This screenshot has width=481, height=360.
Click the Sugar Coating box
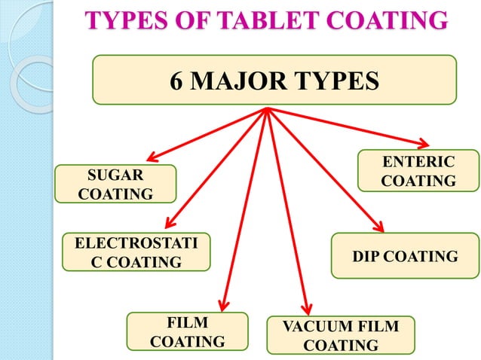tap(115, 185)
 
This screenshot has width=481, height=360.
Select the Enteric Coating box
tap(418, 171)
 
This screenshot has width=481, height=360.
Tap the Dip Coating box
tap(405, 256)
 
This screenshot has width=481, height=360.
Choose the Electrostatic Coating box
tap(136, 252)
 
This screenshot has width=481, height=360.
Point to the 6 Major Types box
tap(274, 79)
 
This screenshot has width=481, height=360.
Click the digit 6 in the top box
tap(178, 80)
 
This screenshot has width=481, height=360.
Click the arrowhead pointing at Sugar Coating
tap(151, 157)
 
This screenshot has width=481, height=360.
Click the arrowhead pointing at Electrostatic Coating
tap(168, 223)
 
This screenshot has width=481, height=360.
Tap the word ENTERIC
tap(418, 162)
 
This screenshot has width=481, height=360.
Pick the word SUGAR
tap(115, 175)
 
